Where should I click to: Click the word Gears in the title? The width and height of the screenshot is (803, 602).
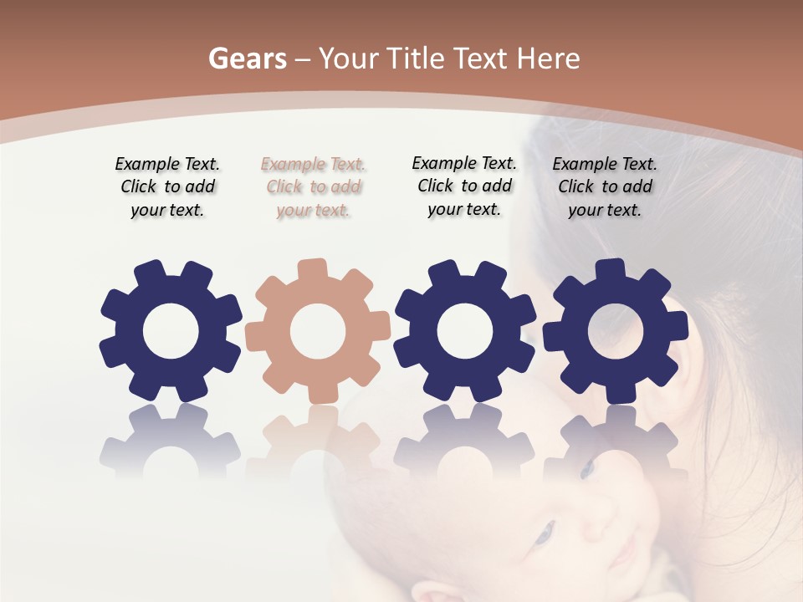245,59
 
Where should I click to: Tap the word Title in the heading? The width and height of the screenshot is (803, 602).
417,59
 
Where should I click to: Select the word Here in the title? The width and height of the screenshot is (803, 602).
548,59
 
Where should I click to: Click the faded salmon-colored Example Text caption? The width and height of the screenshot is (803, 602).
313,187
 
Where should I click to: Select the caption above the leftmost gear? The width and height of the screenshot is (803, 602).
167,187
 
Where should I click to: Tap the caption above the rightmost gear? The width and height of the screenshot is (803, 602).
605,187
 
